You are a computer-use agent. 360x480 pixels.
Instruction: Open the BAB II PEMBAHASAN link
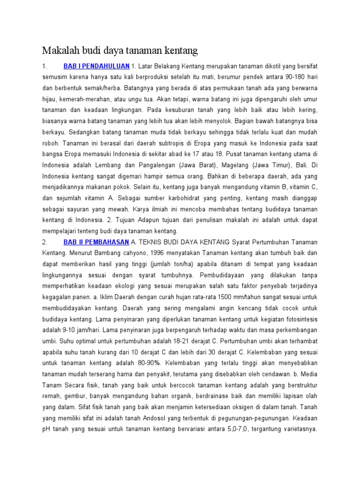tap(96, 241)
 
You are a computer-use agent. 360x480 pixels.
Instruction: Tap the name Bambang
tap(96, 252)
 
